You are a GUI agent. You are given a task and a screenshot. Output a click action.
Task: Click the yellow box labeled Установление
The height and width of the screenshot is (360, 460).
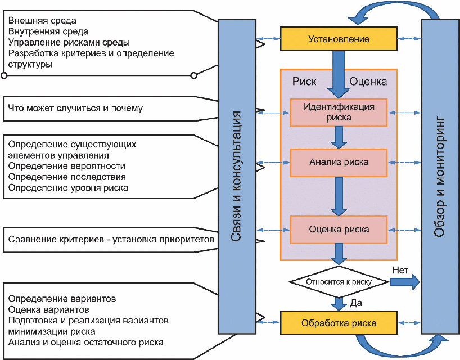pyautogui.click(x=339, y=39)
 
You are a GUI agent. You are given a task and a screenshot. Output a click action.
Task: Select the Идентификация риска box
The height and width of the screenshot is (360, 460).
pyautogui.click(x=339, y=112)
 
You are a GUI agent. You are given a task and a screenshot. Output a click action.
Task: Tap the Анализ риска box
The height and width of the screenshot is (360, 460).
pyautogui.click(x=339, y=162)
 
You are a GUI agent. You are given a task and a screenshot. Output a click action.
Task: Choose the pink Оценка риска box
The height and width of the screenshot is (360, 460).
pyautogui.click(x=339, y=229)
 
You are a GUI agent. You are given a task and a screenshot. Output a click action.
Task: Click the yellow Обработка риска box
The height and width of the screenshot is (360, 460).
pyautogui.click(x=339, y=323)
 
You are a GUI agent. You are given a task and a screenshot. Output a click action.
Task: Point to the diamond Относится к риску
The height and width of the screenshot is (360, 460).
pyautogui.click(x=339, y=281)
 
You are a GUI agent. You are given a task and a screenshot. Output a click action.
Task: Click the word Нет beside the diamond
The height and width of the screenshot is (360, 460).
pyautogui.click(x=400, y=269)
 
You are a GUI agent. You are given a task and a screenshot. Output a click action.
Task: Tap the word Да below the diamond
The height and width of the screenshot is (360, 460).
pyautogui.click(x=355, y=303)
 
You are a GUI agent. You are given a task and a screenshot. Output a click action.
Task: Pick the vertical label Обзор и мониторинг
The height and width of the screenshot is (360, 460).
pyautogui.click(x=440, y=176)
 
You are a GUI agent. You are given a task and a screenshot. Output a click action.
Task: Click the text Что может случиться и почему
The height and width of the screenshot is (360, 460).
pyautogui.click(x=75, y=108)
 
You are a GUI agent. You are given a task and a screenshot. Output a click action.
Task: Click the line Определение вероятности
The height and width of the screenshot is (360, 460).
pyautogui.click(x=67, y=166)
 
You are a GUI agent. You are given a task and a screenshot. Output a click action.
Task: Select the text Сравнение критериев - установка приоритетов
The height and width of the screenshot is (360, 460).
pyautogui.click(x=111, y=240)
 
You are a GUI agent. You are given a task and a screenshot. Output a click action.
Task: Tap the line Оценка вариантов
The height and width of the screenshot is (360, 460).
pyautogui.click(x=48, y=309)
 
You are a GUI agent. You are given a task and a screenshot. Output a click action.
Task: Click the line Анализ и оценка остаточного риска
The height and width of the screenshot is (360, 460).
pyautogui.click(x=86, y=341)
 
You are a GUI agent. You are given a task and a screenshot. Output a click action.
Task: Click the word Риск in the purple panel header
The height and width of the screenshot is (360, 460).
pyautogui.click(x=304, y=81)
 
